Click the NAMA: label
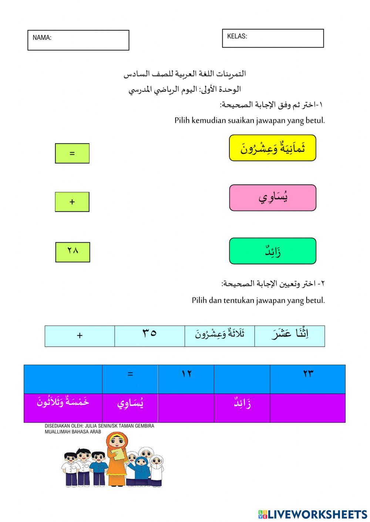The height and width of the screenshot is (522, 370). (42, 38)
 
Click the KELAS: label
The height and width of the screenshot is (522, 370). (237, 36)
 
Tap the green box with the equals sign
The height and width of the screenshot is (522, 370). (72, 153)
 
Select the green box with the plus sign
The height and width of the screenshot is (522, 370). (72, 202)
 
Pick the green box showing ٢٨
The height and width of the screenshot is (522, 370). (73, 252)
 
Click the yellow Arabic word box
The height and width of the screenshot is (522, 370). (273, 148)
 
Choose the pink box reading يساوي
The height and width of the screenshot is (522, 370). (273, 198)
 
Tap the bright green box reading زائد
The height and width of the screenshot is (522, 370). (273, 251)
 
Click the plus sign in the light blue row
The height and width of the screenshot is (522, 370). (80, 336)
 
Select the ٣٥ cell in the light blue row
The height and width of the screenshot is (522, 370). (149, 334)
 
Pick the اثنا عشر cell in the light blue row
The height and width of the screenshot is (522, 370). (290, 334)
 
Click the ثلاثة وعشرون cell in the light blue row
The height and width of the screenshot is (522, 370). (220, 334)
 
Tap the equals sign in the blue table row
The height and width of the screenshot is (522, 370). (130, 374)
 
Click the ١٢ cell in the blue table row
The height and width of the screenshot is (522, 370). (186, 374)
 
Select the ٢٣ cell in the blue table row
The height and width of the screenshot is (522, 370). (308, 374)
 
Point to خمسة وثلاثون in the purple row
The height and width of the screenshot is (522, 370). (63, 402)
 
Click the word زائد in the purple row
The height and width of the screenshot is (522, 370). (242, 403)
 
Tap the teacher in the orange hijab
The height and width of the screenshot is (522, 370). (117, 458)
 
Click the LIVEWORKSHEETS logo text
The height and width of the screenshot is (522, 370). (317, 515)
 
